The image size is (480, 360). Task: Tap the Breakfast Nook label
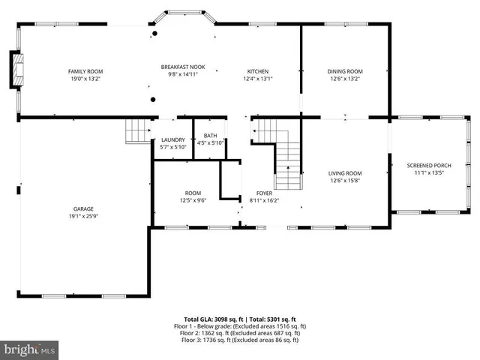pyautogui.click(x=182, y=67)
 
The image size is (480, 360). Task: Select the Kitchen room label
pyautogui.click(x=258, y=71)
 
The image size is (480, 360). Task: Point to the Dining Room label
pyautogui.click(x=345, y=71)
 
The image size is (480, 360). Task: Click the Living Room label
pyautogui.click(x=345, y=173)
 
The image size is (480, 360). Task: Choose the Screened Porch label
pyautogui.click(x=429, y=165)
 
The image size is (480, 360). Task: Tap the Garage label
pyautogui.click(x=83, y=208)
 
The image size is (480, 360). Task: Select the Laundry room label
pyautogui.click(x=173, y=139)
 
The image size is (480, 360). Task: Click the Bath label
pyautogui.click(x=210, y=136)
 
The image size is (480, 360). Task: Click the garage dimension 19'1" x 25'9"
pyautogui.click(x=83, y=216)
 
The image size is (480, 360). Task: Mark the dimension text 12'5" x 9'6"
pyautogui.click(x=193, y=200)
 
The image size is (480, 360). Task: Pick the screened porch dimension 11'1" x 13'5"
pyautogui.click(x=429, y=172)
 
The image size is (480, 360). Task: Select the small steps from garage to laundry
pyautogui.click(x=138, y=131)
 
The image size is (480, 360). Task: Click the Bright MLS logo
pyautogui.click(x=30, y=349)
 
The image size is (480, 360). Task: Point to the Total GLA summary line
pyautogui.click(x=240, y=319)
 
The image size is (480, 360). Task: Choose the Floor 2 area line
pyautogui.click(x=240, y=333)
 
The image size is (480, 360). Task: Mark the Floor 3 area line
pyautogui.click(x=240, y=340)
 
